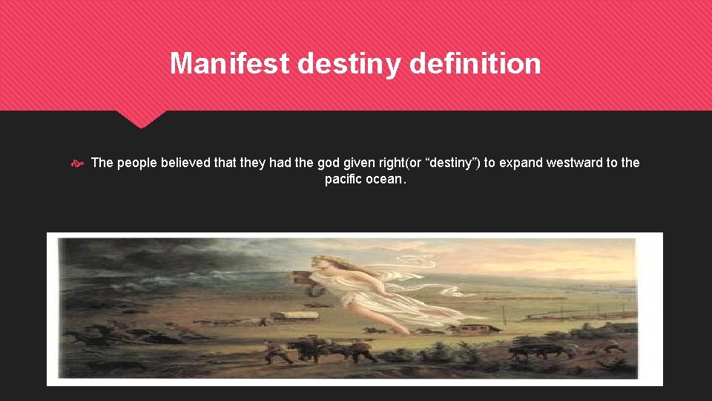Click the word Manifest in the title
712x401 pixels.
click(x=230, y=63)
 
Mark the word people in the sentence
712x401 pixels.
click(x=134, y=163)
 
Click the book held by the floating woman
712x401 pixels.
click(x=303, y=279)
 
